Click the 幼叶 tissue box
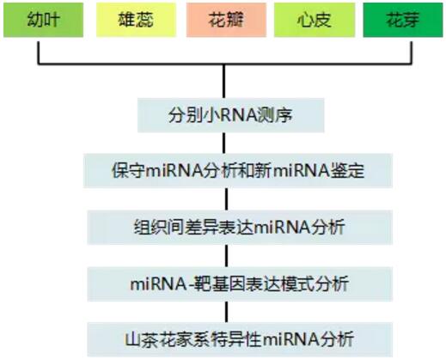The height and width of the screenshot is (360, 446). (43, 20)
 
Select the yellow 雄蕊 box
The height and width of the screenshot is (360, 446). (136, 20)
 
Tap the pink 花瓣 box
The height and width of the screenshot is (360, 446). (226, 20)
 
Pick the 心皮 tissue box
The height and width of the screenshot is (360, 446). (315, 20)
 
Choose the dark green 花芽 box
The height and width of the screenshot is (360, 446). (403, 20)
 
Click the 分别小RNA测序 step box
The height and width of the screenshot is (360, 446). (231, 115)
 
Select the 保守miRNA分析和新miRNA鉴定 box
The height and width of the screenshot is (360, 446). (238, 171)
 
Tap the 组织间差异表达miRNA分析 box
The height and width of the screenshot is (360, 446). (240, 228)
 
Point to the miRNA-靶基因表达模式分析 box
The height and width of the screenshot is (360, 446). (240, 284)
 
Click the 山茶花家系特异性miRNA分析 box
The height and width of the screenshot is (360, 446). (240, 339)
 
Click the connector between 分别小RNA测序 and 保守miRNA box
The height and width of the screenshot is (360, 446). (223, 143)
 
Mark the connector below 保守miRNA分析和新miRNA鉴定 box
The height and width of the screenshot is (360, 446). (227, 199)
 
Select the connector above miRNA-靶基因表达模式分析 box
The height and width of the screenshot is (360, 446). (227, 256)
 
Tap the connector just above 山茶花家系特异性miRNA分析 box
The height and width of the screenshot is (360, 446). (227, 312)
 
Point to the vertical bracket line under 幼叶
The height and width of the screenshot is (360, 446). (39, 52)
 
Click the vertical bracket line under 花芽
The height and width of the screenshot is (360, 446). (412, 52)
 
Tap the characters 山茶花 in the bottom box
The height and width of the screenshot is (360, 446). (150, 340)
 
